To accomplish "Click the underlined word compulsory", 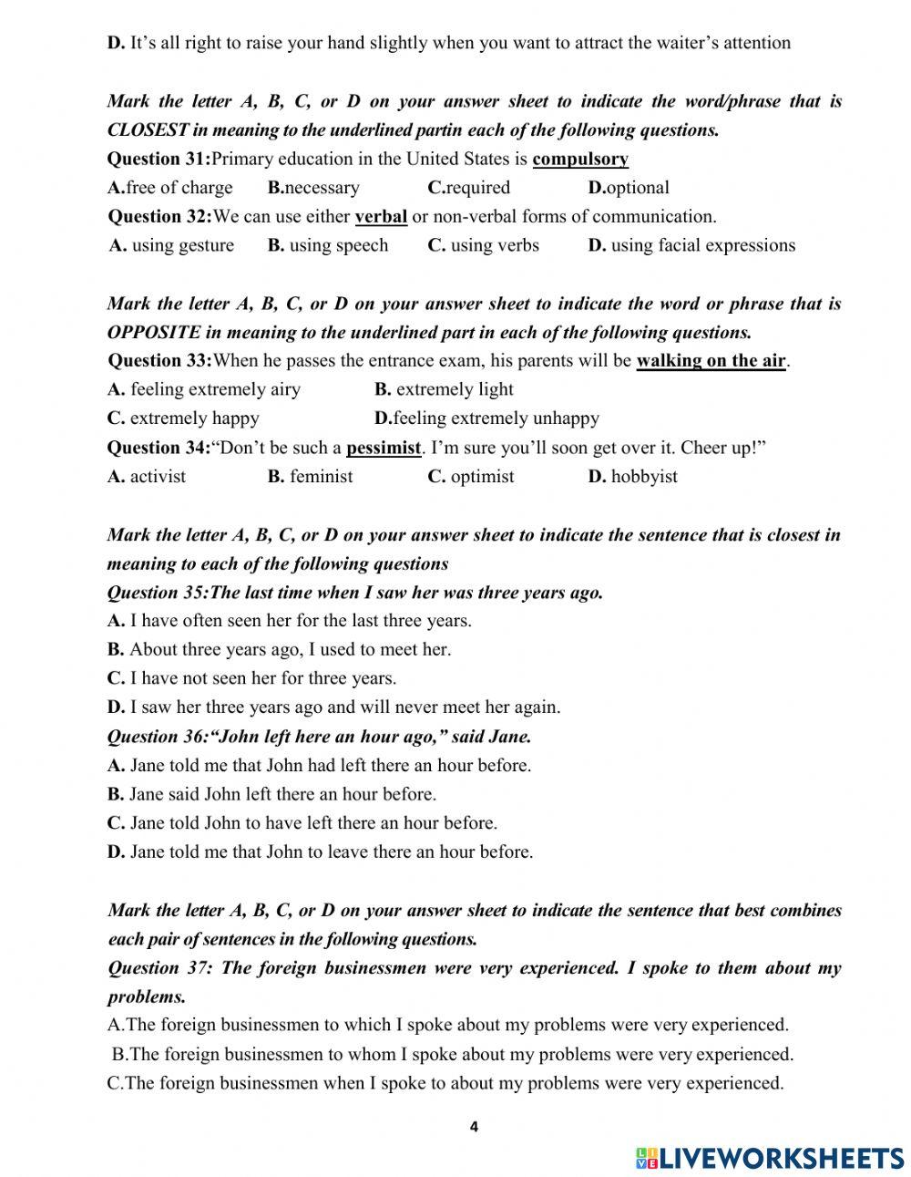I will pos(580,160).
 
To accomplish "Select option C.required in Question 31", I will pos(468,188).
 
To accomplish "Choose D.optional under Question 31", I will pos(629,188).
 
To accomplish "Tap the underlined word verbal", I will pos(381,217).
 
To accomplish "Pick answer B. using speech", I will pos(328,245).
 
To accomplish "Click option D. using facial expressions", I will pos(691,245).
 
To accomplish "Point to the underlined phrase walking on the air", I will pos(711,361).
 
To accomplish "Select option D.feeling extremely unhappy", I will pos(486,418).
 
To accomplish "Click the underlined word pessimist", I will pos(384,448).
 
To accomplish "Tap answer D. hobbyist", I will pos(632,476).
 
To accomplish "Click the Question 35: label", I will pos(157,593).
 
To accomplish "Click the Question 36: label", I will pos(157,736).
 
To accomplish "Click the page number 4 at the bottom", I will pos(474,1127).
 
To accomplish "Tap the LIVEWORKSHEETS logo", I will pos(769,1158).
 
